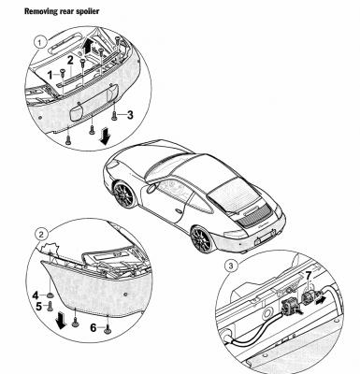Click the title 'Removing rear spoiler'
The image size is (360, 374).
62,11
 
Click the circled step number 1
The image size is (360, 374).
40,43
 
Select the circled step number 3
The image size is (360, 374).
230,266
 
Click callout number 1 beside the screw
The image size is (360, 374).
50,75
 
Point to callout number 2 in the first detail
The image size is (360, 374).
70,60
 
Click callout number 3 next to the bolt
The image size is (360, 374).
130,115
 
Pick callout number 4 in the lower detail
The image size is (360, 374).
36,295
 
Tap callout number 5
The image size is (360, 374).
38,307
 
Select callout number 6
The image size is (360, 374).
94,328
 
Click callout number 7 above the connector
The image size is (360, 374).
308,276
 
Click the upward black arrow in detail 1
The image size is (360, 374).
88,46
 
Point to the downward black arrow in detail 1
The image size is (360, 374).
106,137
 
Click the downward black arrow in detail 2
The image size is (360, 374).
62,321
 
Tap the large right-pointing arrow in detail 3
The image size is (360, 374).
321,300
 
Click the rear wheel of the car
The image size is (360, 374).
202,239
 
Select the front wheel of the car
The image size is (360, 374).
124,195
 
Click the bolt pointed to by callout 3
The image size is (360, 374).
114,116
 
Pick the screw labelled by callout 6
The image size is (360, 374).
108,328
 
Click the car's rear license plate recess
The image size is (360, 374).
265,237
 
